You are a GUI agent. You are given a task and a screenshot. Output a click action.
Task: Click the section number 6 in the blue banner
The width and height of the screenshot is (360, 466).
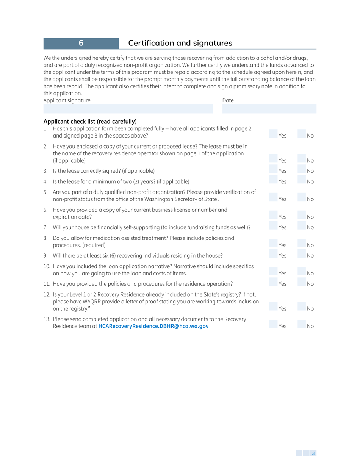(x=81, y=43)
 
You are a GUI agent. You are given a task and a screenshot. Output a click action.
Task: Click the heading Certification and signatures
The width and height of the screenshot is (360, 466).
(x=180, y=43)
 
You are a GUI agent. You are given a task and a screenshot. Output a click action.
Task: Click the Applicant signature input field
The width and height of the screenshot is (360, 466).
(x=128, y=109)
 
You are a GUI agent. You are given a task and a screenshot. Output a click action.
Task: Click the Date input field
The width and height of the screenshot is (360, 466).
(x=269, y=109)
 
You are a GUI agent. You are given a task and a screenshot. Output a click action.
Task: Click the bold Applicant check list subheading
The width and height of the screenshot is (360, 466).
(x=90, y=121)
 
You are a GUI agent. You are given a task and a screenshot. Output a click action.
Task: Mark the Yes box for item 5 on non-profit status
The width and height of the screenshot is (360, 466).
(x=273, y=197)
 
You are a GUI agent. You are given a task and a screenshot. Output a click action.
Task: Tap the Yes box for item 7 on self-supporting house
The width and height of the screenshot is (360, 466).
(x=273, y=227)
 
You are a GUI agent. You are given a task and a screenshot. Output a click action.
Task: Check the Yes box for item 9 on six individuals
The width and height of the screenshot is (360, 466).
(x=273, y=255)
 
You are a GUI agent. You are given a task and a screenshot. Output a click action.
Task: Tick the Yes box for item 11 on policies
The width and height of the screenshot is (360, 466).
(x=273, y=283)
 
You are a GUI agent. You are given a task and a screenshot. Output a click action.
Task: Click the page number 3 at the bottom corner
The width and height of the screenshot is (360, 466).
(x=313, y=453)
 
